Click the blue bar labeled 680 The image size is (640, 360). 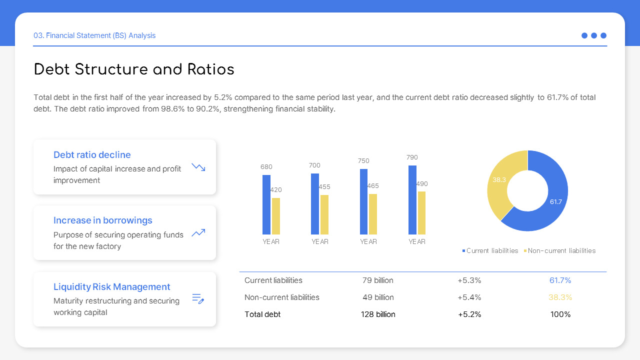266,204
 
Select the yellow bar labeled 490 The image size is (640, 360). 421,212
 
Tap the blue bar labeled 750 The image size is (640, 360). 363,201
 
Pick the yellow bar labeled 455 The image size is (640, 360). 324,214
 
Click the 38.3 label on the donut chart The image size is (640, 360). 499,180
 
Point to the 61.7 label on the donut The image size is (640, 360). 556,202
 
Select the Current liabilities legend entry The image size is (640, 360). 491,251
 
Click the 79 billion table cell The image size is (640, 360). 378,280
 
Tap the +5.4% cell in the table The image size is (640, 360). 469,297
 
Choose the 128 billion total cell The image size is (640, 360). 378,314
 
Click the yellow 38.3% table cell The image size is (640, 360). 560,297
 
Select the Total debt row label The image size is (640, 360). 262,314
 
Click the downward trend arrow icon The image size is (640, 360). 198,167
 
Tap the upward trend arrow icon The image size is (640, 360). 198,232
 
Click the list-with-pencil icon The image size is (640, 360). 198,299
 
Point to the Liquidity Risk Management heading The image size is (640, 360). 112,287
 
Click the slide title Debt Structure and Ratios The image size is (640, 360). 134,69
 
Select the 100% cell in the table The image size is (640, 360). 560,314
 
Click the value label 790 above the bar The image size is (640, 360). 412,157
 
